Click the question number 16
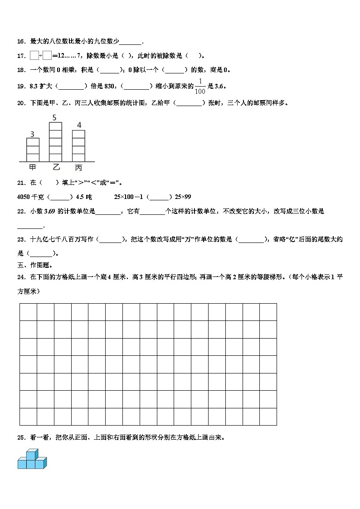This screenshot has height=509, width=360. tap(21, 42)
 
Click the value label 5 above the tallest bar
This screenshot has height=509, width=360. tap(54, 118)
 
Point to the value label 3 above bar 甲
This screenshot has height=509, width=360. tap(32, 134)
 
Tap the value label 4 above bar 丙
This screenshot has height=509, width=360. tap(79, 125)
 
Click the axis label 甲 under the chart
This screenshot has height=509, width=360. tap(33, 168)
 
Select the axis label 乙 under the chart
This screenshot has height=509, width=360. tap(56, 167)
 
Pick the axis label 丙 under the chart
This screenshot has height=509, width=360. tap(79, 168)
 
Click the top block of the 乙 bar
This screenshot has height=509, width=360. tap(55, 126)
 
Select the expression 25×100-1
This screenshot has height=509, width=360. tap(129, 197)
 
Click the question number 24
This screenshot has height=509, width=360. tap(21, 276)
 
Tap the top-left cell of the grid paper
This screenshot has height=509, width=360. tap(28, 312)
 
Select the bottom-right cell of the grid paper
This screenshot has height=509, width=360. tap(268, 417)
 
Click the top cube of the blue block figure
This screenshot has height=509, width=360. tap(31, 454)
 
